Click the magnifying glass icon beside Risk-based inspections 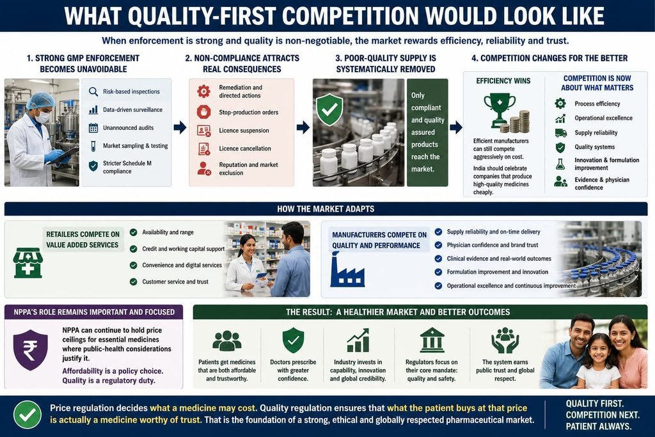click(93, 91)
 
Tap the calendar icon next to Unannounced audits click(93, 128)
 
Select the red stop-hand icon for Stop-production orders click(204, 112)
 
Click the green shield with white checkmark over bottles click(329, 109)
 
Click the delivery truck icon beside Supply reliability click(560, 133)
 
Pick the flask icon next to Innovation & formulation click(560, 164)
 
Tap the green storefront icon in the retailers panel click(28, 263)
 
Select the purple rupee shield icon click(31, 350)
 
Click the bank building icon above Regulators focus click(432, 340)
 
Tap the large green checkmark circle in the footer click(28, 415)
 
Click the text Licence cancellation click(245, 148)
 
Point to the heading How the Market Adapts click(326, 209)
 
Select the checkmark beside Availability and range click(133, 232)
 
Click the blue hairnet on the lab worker click(40, 100)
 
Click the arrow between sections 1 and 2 click(180, 127)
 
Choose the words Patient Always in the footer click(598, 427)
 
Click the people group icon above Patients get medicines click(227, 340)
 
